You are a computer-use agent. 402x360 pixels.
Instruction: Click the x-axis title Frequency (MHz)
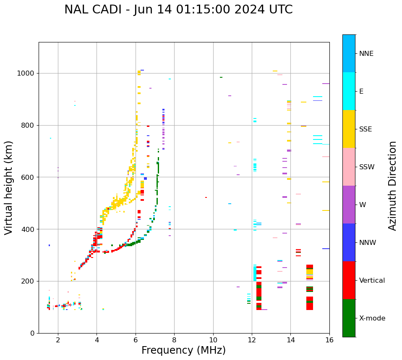coord(183,350)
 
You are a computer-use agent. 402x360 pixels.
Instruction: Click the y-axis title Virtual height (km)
coord(9,188)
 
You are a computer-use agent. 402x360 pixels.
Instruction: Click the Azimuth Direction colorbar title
coord(392,186)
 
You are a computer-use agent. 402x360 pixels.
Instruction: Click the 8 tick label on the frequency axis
coord(174,340)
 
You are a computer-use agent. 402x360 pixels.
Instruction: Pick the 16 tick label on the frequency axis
coord(329,340)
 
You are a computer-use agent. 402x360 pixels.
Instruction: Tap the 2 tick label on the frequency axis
coord(58,340)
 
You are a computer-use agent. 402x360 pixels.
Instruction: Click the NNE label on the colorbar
coord(366,54)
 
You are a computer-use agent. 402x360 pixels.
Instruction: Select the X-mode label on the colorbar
coord(372,318)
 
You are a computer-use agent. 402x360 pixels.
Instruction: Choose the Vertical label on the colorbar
coord(372,281)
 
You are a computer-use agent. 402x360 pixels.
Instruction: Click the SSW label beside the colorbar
coord(367,167)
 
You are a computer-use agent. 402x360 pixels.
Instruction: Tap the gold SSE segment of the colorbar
coord(349,129)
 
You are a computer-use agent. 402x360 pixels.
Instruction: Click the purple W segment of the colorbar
coord(349,205)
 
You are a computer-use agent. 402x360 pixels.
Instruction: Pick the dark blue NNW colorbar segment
coord(349,242)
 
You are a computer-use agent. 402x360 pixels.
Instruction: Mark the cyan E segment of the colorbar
coord(349,91)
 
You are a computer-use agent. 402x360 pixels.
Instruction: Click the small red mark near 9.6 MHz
coord(206,197)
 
